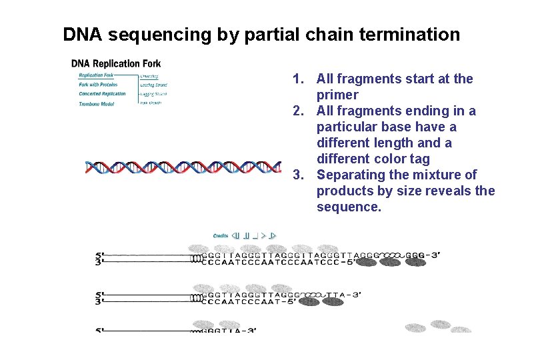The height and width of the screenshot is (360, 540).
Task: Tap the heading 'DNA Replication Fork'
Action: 116,64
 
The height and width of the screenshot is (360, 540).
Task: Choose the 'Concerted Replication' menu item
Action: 102,94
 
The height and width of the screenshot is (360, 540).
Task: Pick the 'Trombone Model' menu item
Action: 97,103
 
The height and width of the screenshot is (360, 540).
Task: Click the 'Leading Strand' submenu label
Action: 154,85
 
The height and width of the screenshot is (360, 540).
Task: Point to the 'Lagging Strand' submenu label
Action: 154,94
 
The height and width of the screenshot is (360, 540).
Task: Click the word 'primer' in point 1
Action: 337,95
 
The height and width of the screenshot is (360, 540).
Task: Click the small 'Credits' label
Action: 221,235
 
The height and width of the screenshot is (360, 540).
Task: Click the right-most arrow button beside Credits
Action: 273,235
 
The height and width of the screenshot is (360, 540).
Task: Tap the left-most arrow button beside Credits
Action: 236,235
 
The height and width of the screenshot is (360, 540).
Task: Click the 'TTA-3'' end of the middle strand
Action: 347,294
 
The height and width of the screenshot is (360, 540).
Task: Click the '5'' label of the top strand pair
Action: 99,255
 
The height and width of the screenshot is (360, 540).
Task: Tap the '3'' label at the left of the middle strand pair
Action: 99,301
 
